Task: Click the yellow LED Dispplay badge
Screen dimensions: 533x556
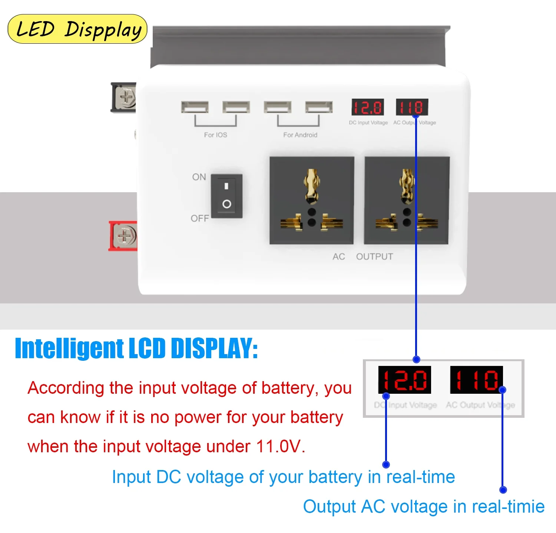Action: [77, 29]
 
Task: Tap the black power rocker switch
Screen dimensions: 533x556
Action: [226, 196]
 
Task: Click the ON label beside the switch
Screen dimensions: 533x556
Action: [199, 177]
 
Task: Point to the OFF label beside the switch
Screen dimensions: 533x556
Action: [200, 219]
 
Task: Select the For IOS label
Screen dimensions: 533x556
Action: [215, 135]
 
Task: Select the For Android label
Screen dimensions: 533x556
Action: [300, 135]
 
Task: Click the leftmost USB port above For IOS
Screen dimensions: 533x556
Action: [195, 107]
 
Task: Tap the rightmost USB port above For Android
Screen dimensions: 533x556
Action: [319, 107]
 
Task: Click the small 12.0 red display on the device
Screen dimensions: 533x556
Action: [367, 107]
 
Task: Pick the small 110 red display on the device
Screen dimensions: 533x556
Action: [412, 107]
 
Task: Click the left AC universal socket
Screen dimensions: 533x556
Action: [312, 200]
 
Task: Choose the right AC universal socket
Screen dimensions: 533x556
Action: [407, 200]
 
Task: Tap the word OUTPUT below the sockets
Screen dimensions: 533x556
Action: [374, 257]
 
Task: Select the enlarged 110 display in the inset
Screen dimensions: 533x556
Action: [476, 380]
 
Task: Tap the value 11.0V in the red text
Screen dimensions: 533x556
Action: [280, 446]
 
